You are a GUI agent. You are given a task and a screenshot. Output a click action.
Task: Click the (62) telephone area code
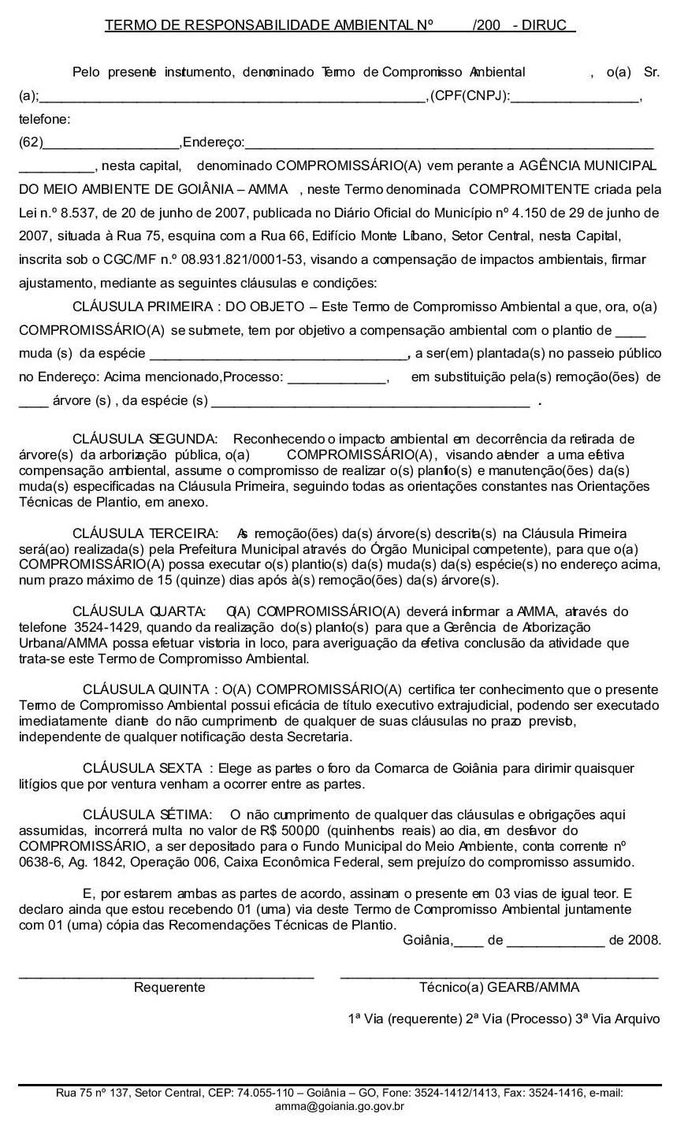[32, 143]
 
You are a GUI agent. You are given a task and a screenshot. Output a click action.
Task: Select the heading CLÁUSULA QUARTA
[139, 611]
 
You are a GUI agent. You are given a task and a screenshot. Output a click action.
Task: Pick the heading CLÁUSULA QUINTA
[146, 689]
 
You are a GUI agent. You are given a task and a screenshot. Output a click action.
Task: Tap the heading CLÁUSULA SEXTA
[143, 768]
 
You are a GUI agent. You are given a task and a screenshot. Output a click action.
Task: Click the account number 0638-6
[37, 862]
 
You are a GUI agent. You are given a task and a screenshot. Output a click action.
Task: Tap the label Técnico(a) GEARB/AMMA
[499, 987]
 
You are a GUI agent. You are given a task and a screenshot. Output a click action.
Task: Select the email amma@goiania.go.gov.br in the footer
[340, 1106]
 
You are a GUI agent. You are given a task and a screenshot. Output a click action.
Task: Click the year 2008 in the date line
[644, 940]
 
